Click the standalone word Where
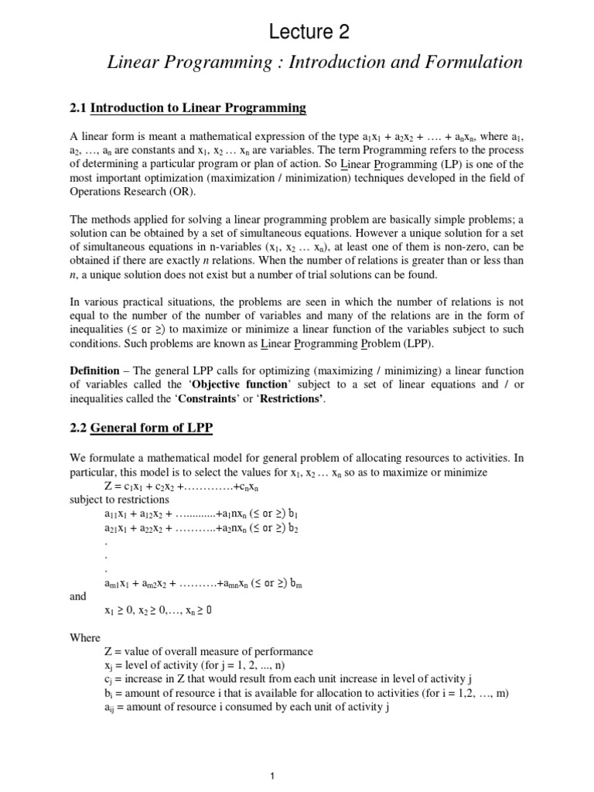click(x=85, y=638)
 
